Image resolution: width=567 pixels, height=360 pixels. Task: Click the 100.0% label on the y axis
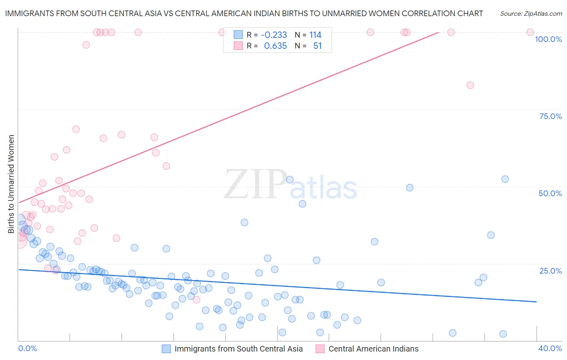pyautogui.click(x=548, y=39)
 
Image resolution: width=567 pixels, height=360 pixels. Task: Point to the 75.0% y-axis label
pyautogui.click(x=550, y=116)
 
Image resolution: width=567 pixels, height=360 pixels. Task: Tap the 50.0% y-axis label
pyautogui.click(x=550, y=193)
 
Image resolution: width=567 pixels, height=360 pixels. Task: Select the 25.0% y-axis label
pyautogui.click(x=550, y=271)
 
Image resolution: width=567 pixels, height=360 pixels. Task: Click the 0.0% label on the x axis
pyautogui.click(x=27, y=348)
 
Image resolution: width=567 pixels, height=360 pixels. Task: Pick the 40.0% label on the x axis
pyautogui.click(x=550, y=348)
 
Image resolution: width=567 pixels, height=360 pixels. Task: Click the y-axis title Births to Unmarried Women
pyautogui.click(x=11, y=184)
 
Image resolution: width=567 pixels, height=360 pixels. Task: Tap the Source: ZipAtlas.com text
pyautogui.click(x=531, y=14)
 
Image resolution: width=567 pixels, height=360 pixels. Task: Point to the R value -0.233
pyautogui.click(x=274, y=35)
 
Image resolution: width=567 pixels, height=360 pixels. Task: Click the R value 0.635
pyautogui.click(x=275, y=46)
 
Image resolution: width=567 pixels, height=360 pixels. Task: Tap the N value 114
pyautogui.click(x=315, y=35)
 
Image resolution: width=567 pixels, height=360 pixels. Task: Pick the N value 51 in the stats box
pyautogui.click(x=317, y=46)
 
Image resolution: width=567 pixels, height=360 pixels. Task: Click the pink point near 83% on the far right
pyautogui.click(x=470, y=85)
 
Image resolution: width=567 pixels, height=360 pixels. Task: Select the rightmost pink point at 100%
pyautogui.click(x=530, y=32)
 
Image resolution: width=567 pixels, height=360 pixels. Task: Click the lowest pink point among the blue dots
pyautogui.click(x=197, y=299)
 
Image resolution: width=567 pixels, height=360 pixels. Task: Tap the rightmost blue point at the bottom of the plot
pyautogui.click(x=503, y=334)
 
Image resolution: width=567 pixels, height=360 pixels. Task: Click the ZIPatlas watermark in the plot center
pyautogui.click(x=290, y=185)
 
